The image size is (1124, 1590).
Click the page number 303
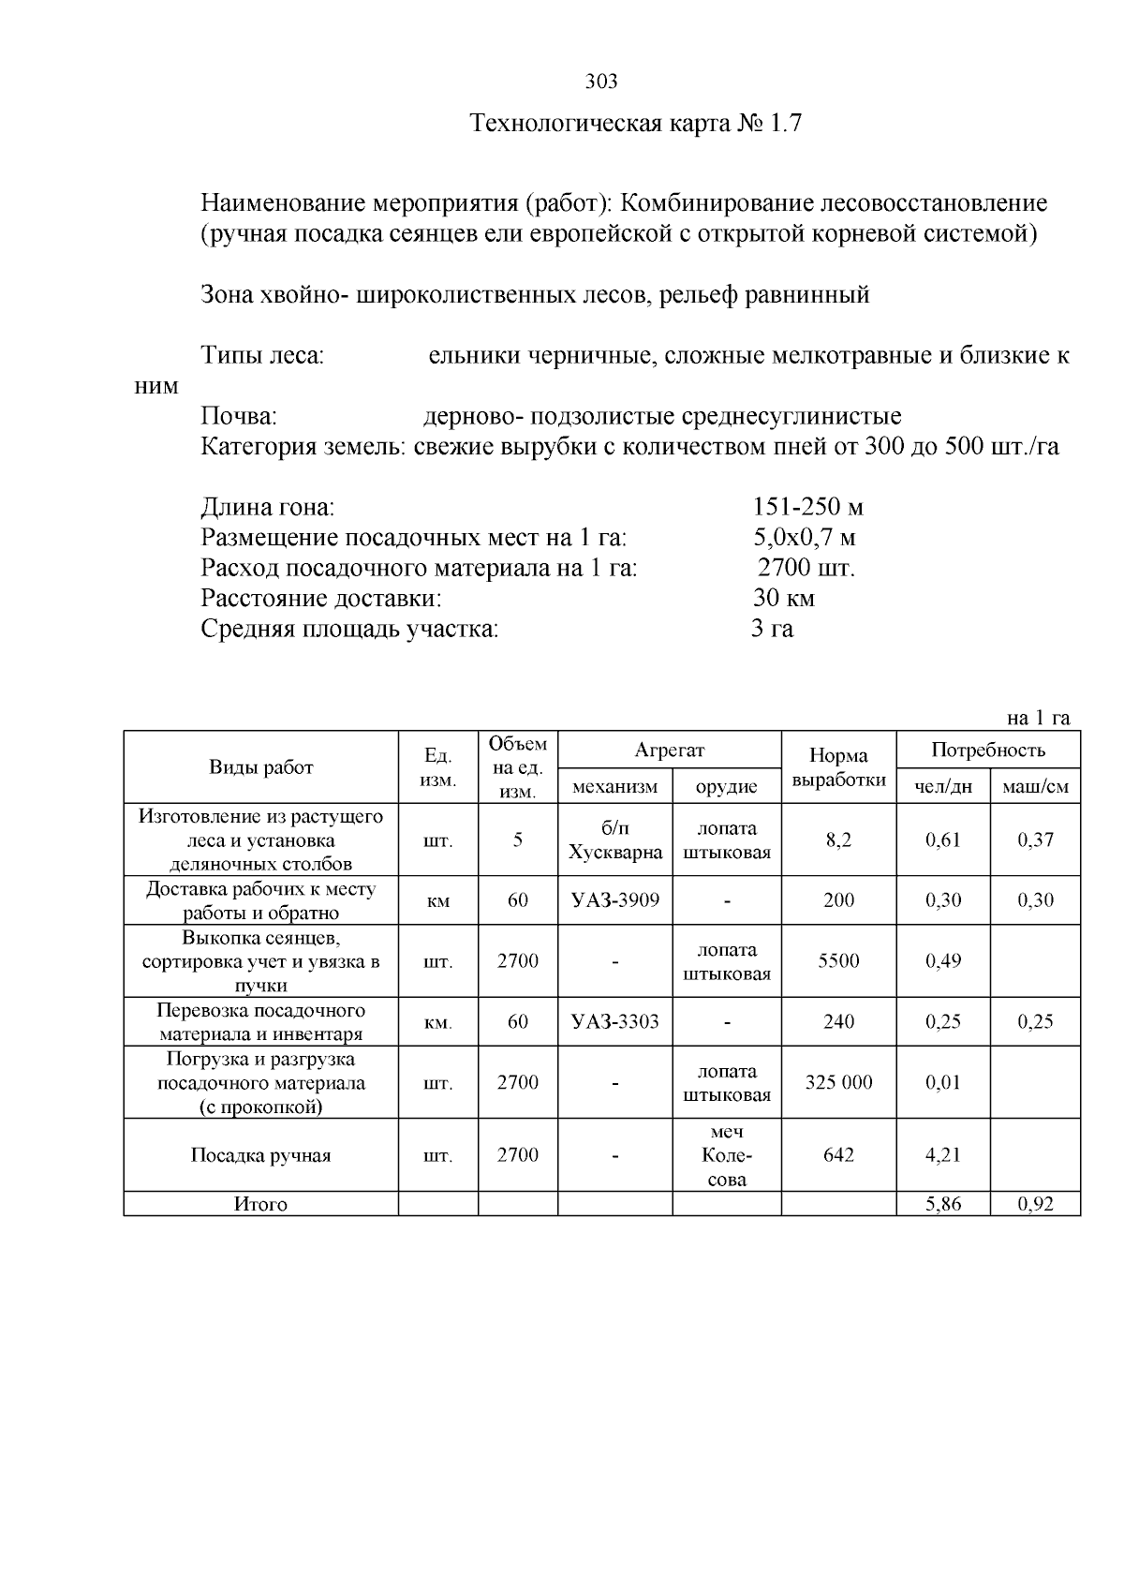pos(601,82)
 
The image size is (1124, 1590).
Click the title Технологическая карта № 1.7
pos(635,124)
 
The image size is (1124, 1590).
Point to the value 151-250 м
pos(807,508)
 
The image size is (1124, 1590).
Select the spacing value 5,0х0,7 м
pos(804,538)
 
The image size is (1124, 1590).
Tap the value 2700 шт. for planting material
pos(806,568)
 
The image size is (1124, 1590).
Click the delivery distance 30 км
pos(783,598)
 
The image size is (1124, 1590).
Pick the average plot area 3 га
pos(772,629)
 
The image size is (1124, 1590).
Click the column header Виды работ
pos(260,767)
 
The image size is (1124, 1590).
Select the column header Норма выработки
pos(838,767)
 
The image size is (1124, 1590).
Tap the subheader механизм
pos(614,787)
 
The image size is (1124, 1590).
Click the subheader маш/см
pos(1035,787)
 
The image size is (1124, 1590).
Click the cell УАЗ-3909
pos(614,900)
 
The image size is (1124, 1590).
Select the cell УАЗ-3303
pos(614,1021)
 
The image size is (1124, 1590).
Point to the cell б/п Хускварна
pos(614,840)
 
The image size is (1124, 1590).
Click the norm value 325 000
pos(838,1082)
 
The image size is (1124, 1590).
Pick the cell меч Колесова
pos(727,1155)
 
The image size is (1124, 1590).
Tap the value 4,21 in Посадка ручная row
pos(943,1155)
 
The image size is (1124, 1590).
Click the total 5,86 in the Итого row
pos(943,1205)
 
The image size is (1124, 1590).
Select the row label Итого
pos(260,1205)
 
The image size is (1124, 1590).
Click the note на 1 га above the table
pos(1038,719)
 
